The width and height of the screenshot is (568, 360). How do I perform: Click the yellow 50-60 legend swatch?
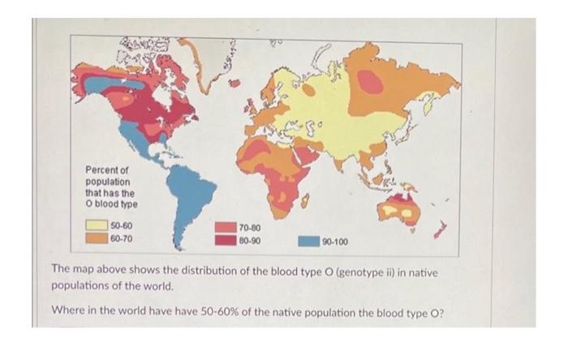tap(97, 225)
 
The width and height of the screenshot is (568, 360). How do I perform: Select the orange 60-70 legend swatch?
tap(97, 238)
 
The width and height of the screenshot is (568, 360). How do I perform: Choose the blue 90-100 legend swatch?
tap(308, 242)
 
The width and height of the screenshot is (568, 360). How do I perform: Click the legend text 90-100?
tap(335, 242)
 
